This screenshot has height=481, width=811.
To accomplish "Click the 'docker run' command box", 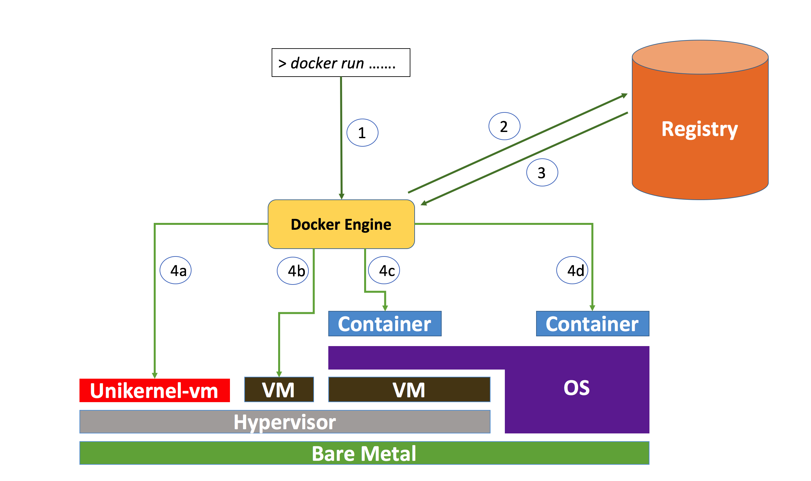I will [x=341, y=63].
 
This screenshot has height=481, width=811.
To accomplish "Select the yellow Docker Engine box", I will [x=341, y=224].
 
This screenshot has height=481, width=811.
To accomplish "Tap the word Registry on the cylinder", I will [x=700, y=129].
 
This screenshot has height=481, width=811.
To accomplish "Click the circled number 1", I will [x=362, y=133].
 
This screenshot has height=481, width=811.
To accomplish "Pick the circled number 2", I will [x=504, y=126].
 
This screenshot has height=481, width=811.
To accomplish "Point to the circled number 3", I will [x=542, y=172].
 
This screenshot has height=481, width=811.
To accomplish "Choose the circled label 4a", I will [x=176, y=270].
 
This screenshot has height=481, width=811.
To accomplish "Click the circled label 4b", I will [x=293, y=271].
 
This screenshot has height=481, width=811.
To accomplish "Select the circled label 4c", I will [x=384, y=270].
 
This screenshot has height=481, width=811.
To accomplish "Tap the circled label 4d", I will [x=572, y=270].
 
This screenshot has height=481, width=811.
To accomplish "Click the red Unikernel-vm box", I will [x=154, y=390].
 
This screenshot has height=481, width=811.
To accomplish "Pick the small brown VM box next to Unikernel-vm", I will [x=279, y=390].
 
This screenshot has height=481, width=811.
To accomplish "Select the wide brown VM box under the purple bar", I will [x=409, y=390].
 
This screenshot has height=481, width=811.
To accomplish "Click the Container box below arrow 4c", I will [x=385, y=324].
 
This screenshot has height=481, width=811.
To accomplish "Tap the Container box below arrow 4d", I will [x=592, y=324].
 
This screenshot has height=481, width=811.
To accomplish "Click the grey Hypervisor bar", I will [x=285, y=422].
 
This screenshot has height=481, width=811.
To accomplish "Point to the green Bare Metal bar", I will [x=364, y=453].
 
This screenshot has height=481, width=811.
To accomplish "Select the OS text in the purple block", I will [x=576, y=388].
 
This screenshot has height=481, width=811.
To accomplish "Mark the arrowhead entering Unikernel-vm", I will [x=155, y=375].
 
